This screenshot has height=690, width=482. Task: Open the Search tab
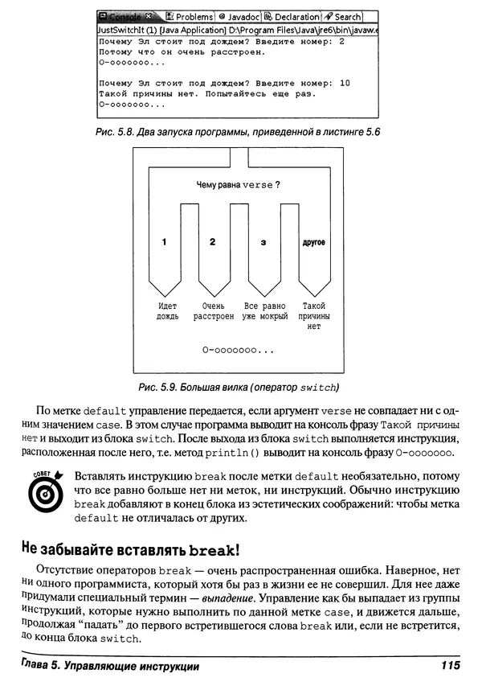point(343,16)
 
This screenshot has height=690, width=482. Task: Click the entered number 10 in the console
point(345,83)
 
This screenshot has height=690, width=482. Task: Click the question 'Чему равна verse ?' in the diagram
point(239,185)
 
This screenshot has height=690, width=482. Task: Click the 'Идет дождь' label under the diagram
point(167,311)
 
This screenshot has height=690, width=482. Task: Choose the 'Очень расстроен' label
point(214,311)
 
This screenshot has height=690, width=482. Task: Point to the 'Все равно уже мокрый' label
point(265,311)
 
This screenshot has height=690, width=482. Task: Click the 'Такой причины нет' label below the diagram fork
point(313,316)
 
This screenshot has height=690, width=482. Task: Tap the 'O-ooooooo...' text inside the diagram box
point(239,351)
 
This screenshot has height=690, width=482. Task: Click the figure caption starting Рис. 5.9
point(239,388)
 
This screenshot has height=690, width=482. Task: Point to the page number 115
point(451,666)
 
